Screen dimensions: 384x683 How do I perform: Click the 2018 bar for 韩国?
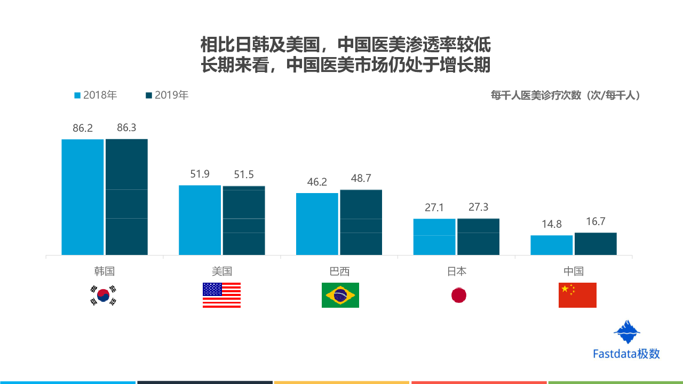83,197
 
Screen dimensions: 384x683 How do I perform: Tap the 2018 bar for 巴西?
317,224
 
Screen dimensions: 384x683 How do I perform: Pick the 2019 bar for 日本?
478,237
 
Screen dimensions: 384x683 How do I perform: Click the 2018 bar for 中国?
551,245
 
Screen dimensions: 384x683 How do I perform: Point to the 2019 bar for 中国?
595,244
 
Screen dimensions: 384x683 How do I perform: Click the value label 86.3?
126,128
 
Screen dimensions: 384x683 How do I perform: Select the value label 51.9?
200,174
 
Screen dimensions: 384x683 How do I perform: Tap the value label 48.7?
361,179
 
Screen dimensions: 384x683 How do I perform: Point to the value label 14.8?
552,224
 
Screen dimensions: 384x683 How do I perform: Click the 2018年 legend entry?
96,95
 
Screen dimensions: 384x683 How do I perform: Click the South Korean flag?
103,295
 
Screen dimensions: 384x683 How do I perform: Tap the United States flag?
221,295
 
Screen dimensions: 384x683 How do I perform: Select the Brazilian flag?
340,295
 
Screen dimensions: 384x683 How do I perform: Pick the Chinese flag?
577,295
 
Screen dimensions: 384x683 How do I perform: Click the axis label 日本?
457,271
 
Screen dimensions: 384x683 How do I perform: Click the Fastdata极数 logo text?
626,354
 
